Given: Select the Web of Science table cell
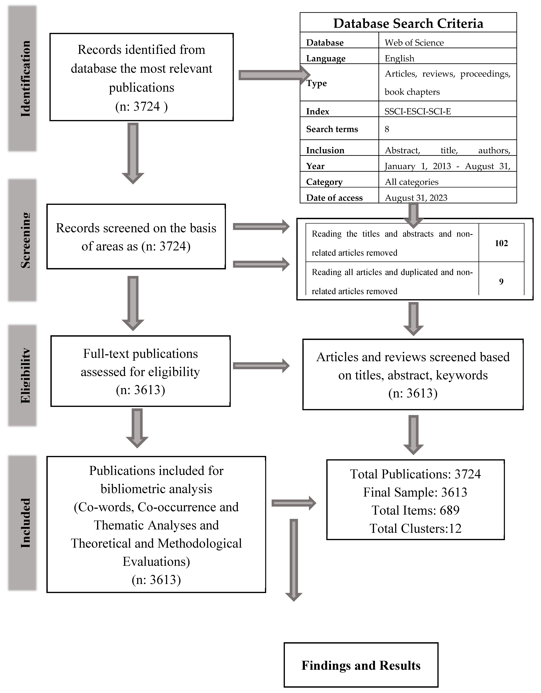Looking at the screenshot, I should (x=414, y=42).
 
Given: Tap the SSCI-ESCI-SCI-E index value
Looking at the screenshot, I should (x=417, y=111).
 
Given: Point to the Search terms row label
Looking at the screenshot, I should (x=332, y=129).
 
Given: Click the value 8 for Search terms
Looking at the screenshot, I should (x=387, y=129).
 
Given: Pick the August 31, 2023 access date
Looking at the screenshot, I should (x=416, y=198).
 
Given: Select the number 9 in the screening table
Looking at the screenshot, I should (x=501, y=281).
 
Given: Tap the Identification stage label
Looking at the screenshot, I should (x=25, y=79).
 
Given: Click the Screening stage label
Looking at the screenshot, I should (x=25, y=240).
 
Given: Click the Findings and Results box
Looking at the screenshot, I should (x=361, y=665).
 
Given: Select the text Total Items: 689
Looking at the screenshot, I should (x=415, y=510).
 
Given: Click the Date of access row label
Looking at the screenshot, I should (x=334, y=198).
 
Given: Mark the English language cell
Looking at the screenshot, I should (x=399, y=58).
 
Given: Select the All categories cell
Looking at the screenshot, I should (x=411, y=182).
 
